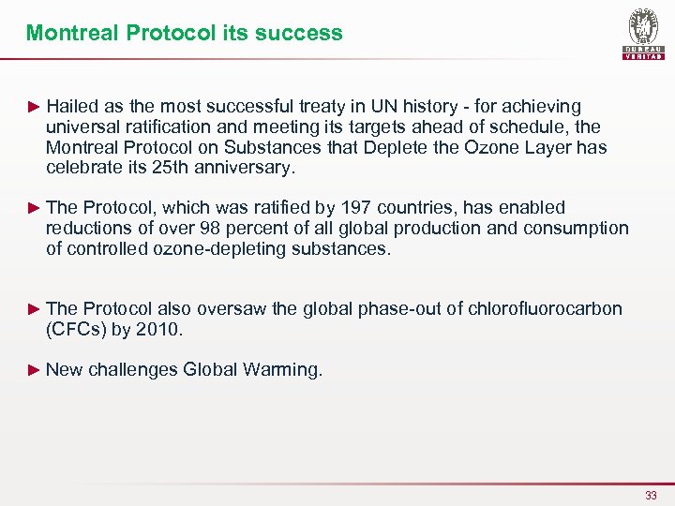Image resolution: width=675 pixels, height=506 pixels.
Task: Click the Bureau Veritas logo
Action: [x=642, y=34]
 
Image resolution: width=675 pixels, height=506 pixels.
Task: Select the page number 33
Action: [x=651, y=495]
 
